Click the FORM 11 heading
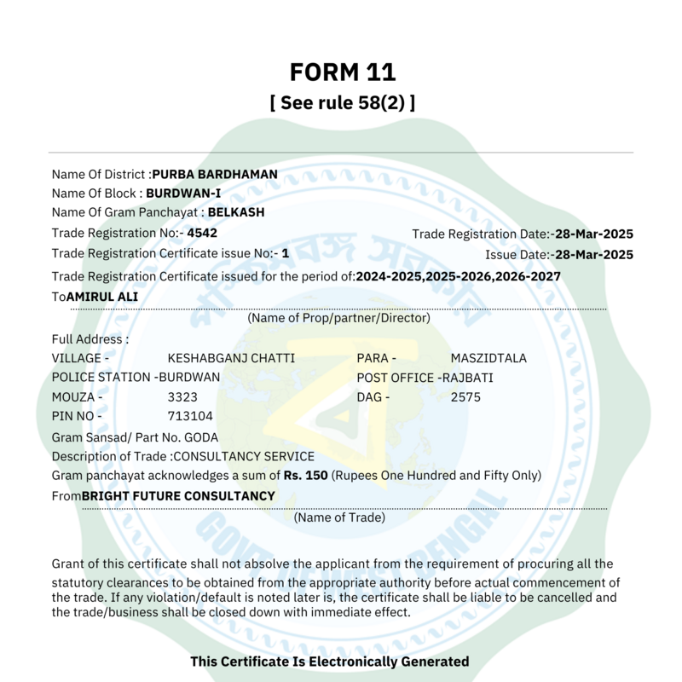click(342, 71)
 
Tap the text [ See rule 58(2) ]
click(342, 103)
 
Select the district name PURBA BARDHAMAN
click(215, 175)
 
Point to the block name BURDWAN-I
click(183, 194)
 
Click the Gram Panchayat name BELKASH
click(236, 212)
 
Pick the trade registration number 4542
click(203, 232)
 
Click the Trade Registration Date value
click(592, 234)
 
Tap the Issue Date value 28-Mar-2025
click(592, 255)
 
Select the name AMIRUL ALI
click(102, 297)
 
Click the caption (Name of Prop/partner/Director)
click(338, 318)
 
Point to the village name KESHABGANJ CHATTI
click(231, 358)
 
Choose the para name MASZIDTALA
click(488, 358)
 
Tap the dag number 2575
click(465, 396)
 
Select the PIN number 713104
click(190, 416)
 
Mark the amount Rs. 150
click(305, 476)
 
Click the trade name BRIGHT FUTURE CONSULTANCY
click(178, 496)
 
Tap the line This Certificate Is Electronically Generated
click(329, 662)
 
